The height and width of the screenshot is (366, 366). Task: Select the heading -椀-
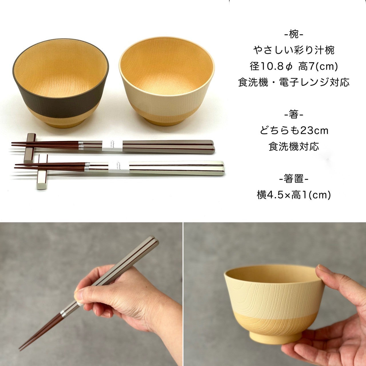(x=294, y=35)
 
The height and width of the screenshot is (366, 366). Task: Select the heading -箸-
(x=294, y=115)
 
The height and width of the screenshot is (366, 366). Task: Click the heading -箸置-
(x=294, y=179)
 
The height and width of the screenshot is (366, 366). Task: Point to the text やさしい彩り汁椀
(x=294, y=51)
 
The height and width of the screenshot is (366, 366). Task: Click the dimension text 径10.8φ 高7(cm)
(x=294, y=67)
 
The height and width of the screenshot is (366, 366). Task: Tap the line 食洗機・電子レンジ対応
(x=294, y=83)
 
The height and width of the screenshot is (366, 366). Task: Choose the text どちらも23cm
(x=294, y=131)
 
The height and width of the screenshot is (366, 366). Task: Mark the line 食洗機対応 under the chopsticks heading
(x=294, y=147)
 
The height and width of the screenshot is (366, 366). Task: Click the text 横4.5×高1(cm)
(x=294, y=195)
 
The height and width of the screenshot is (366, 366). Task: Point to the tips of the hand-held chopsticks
(x=21, y=348)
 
